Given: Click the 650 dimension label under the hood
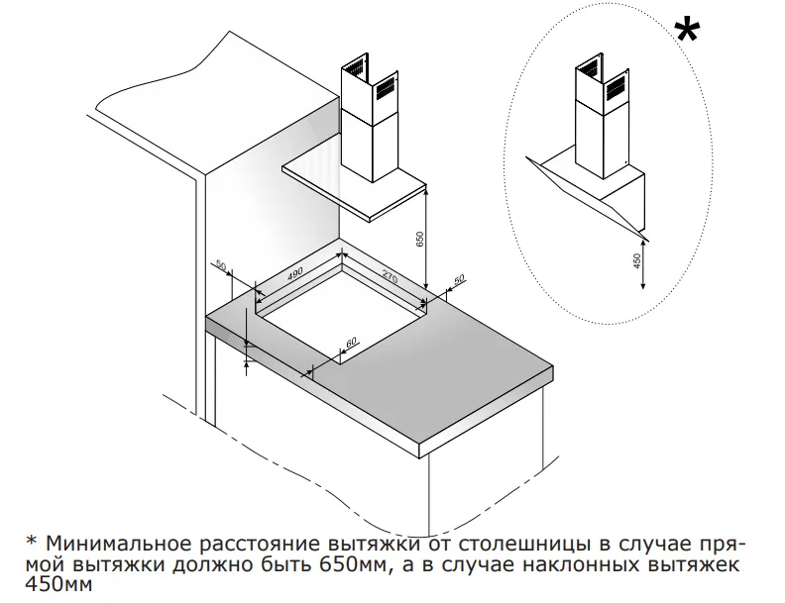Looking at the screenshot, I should (419, 240).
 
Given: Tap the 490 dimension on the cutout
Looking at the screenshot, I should (294, 274).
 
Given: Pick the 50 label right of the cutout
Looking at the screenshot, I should (458, 281).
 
